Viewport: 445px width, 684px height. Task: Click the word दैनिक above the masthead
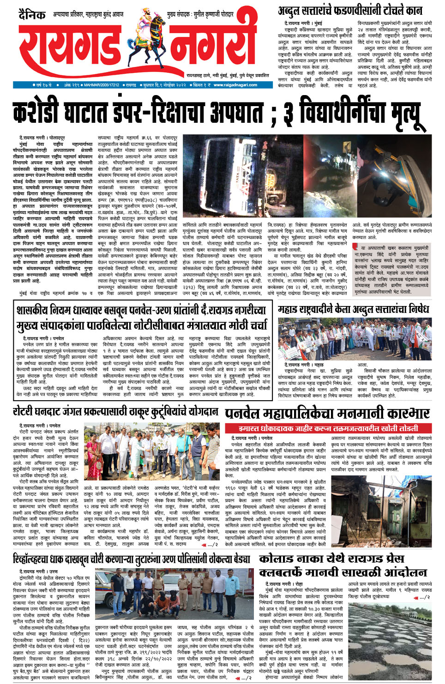pos(32,16)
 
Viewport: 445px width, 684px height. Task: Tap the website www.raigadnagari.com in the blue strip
pos(235,85)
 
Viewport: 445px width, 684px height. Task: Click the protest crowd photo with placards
pos(355,339)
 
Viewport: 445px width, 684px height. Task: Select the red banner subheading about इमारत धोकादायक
pos(328,428)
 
